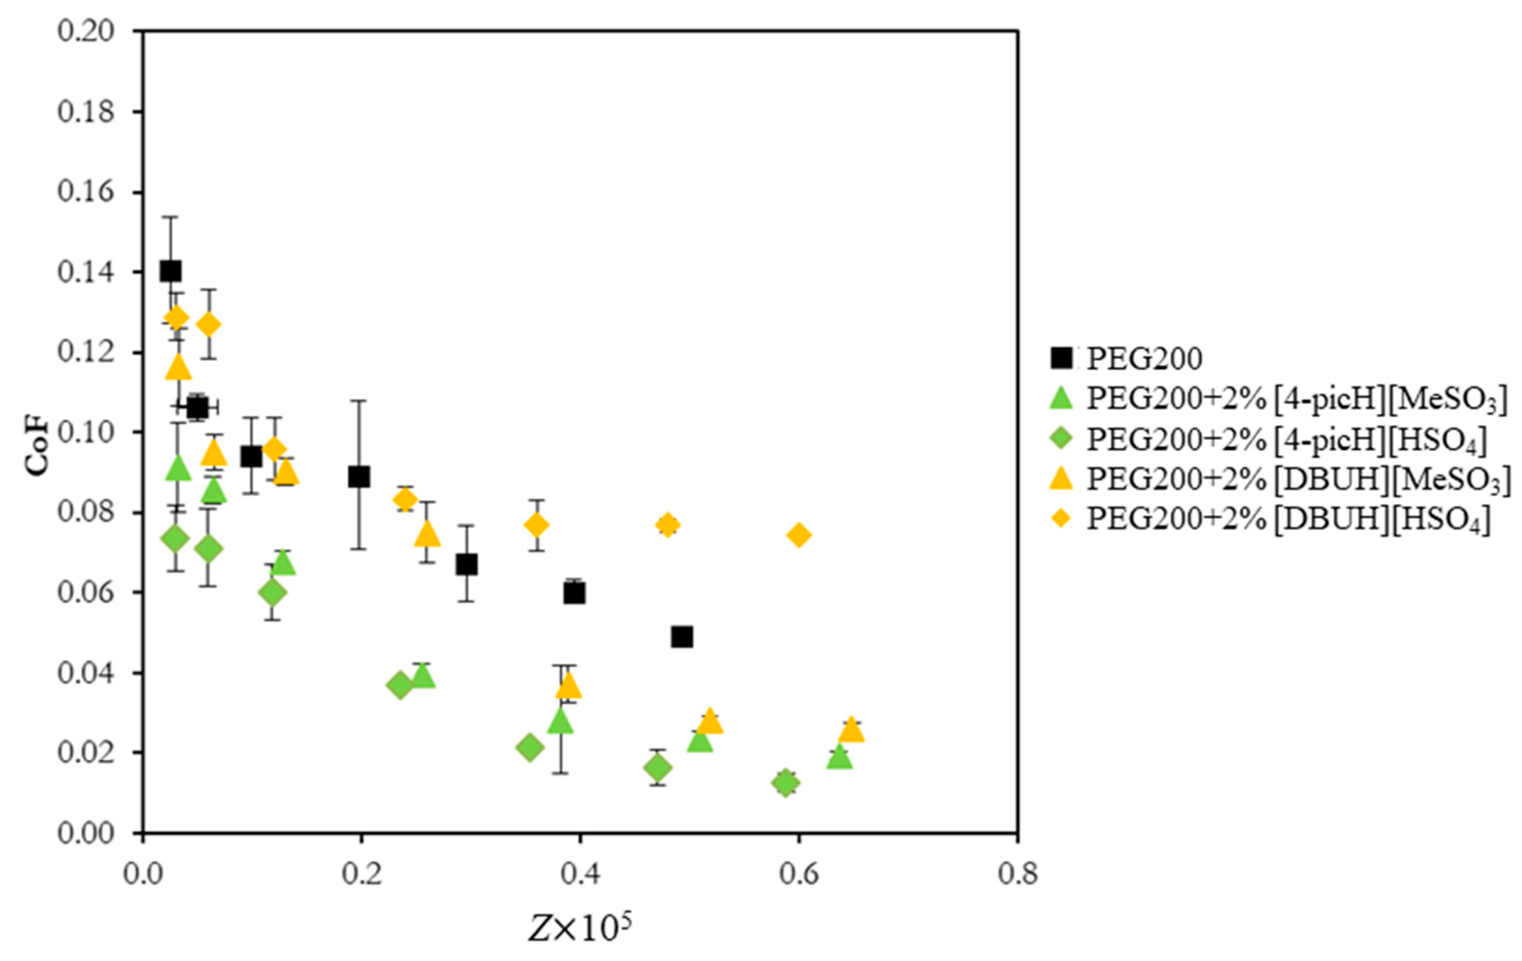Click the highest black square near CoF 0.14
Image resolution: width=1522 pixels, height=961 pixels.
170,271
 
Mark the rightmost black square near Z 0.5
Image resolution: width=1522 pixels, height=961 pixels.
682,637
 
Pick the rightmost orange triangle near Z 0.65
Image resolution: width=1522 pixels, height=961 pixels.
851,730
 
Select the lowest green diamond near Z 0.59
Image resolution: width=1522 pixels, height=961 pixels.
785,783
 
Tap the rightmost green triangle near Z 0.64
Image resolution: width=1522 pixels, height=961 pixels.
840,757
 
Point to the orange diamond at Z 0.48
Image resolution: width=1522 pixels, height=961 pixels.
667,525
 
